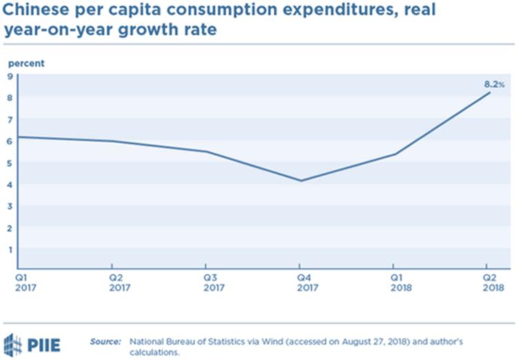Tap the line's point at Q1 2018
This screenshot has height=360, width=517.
tap(394, 154)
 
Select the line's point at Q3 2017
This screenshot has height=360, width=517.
tap(206, 152)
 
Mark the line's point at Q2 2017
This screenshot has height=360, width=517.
tap(112, 141)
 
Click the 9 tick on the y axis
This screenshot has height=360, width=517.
tap(10, 76)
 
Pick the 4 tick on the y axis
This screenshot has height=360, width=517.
tap(10, 184)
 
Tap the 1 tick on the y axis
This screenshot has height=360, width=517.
tap(10, 249)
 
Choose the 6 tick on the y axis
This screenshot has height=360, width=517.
tap(10, 141)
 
